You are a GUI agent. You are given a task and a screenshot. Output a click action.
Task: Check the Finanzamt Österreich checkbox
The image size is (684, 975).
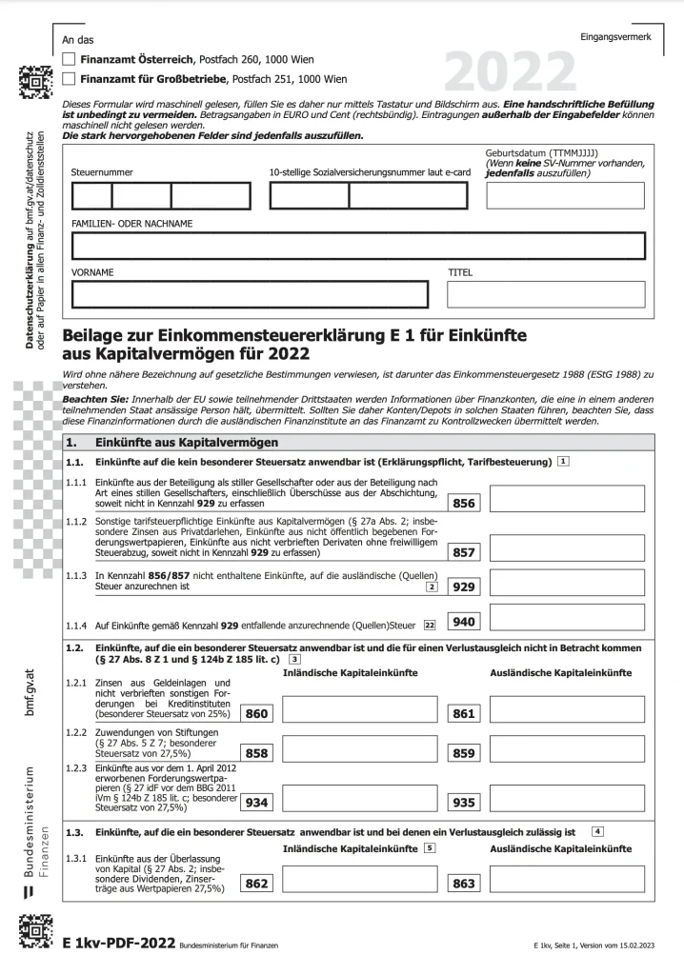(69, 58)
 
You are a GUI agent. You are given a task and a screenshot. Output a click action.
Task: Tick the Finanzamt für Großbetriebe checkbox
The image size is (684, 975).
(69, 79)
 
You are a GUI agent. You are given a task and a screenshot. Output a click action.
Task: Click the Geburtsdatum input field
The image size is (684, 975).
(565, 195)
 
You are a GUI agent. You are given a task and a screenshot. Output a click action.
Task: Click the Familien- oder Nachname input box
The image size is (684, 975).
(358, 246)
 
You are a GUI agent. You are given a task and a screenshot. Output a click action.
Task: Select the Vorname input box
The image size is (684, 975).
(250, 294)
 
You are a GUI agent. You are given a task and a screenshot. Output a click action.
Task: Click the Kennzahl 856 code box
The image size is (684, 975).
(465, 503)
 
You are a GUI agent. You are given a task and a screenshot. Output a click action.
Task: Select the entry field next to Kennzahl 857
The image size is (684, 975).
(566, 547)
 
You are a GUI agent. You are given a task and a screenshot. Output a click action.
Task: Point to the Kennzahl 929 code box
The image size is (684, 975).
(465, 587)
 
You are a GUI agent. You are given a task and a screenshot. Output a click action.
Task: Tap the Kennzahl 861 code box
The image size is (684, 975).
(464, 713)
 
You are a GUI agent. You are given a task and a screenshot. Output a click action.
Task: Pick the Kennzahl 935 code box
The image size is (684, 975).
(464, 803)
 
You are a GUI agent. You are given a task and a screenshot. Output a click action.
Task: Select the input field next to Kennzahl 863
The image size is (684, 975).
(566, 883)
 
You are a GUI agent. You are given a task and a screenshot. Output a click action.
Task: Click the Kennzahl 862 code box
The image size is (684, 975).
(256, 884)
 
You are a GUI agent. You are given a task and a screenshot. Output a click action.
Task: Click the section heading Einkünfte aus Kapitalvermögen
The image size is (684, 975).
(187, 443)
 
